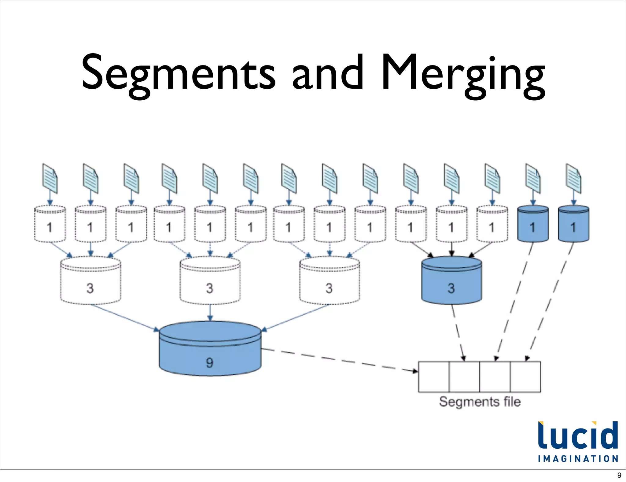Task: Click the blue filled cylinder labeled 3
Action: click(x=451, y=281)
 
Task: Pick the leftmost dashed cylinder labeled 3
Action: click(x=90, y=281)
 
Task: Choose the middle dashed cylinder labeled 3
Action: click(x=210, y=281)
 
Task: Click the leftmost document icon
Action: click(x=50, y=179)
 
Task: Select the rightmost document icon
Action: click(x=573, y=179)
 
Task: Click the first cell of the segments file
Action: click(x=433, y=377)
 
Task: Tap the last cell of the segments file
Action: click(x=525, y=377)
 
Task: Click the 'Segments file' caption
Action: click(x=480, y=402)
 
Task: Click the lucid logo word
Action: click(x=578, y=436)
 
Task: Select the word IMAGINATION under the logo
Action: click(x=578, y=459)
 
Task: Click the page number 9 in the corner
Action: click(x=619, y=475)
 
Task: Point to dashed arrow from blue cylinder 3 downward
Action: click(x=458, y=332)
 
